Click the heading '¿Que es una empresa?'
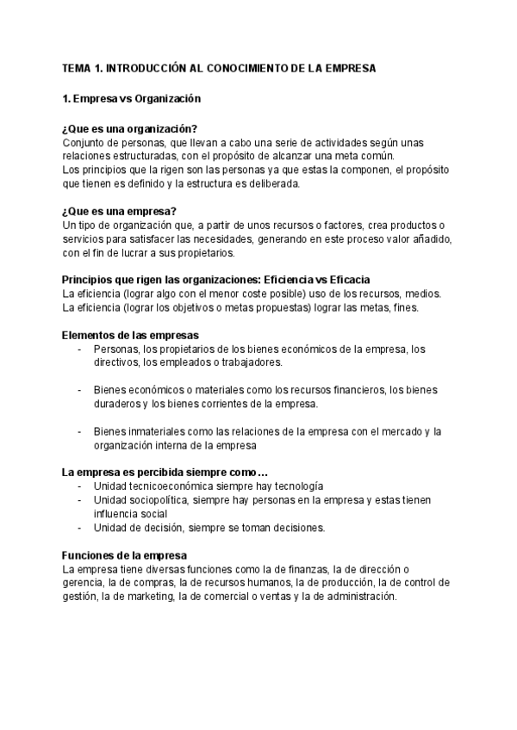pyautogui.click(x=120, y=211)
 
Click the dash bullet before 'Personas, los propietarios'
pyautogui.click(x=80, y=349)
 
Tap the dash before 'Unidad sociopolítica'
pyautogui.click(x=80, y=500)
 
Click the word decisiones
pyautogui.click(x=298, y=528)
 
